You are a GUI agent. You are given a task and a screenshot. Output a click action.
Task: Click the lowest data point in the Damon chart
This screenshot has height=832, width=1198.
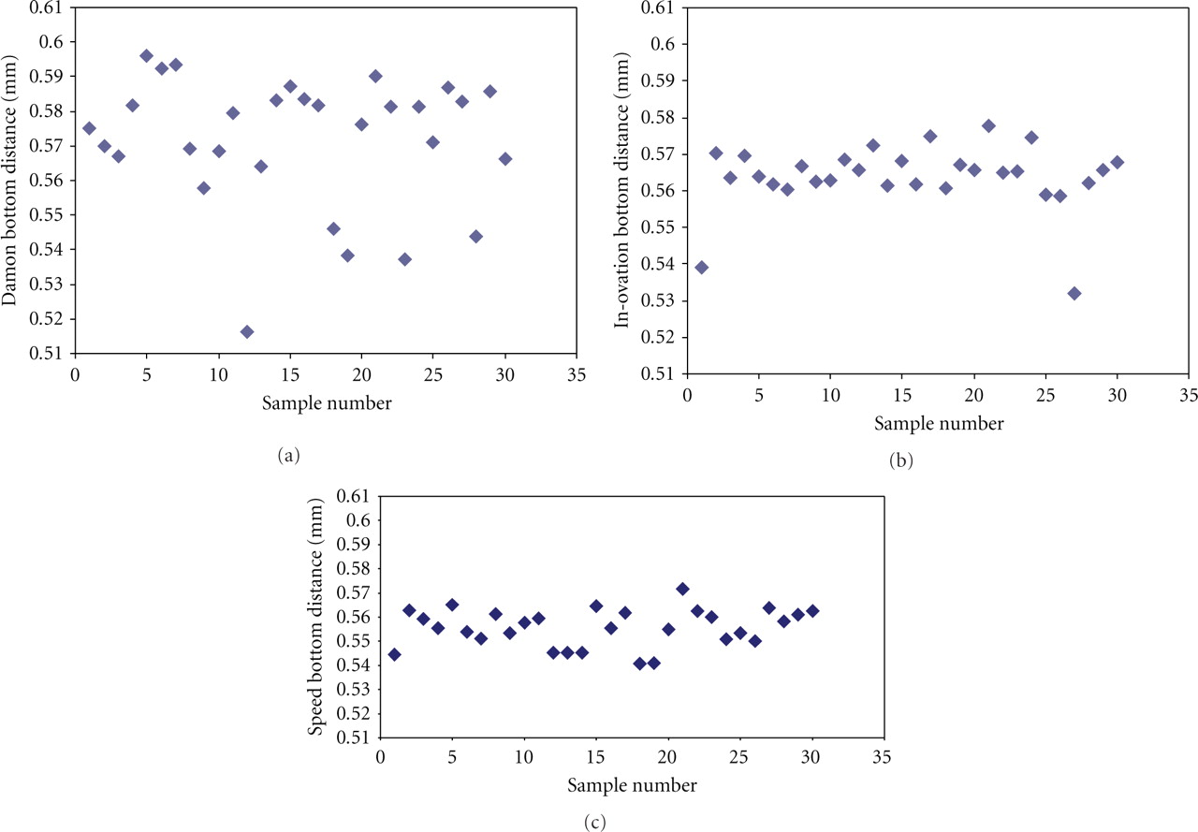pyautogui.click(x=247, y=331)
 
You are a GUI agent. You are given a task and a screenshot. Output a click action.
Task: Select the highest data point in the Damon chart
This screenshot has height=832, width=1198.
pyautogui.click(x=147, y=55)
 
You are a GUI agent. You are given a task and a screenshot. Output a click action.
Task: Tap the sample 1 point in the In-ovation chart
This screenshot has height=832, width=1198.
pyautogui.click(x=702, y=267)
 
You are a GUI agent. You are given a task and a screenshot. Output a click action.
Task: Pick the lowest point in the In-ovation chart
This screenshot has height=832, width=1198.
pyautogui.click(x=1074, y=293)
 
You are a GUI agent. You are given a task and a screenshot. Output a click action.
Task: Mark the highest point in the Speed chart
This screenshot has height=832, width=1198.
pyautogui.click(x=682, y=589)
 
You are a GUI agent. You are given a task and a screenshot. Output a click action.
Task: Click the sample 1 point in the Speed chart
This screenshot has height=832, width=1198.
pyautogui.click(x=395, y=654)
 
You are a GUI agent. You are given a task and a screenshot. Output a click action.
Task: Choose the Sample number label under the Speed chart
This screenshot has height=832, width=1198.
pyautogui.click(x=632, y=785)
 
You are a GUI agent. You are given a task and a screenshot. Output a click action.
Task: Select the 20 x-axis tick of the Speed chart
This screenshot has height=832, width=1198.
pyautogui.click(x=667, y=757)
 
